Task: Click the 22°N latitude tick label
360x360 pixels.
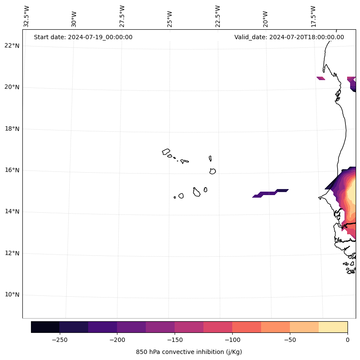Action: (12, 46)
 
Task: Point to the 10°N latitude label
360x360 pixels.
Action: (12, 295)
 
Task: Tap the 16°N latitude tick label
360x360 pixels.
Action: (12, 170)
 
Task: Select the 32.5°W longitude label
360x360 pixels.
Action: (27, 16)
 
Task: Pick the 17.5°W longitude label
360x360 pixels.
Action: (313, 16)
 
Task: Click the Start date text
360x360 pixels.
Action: (83, 37)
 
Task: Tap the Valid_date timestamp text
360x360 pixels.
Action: (289, 37)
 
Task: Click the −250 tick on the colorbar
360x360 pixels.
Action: (59, 339)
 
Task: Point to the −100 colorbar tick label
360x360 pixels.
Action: (232, 339)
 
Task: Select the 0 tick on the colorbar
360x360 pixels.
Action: (348, 339)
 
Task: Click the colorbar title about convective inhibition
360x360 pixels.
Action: (189, 352)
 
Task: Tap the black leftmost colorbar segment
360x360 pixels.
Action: (45, 327)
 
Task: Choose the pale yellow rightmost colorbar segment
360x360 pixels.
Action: (333, 327)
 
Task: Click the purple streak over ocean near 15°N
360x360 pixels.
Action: (271, 193)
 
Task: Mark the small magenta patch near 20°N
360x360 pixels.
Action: (321, 78)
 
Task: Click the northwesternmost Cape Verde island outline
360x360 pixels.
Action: (166, 152)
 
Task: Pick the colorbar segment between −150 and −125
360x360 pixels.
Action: (189, 327)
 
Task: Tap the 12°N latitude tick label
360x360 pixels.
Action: (12, 253)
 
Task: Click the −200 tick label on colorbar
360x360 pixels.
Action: (117, 339)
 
